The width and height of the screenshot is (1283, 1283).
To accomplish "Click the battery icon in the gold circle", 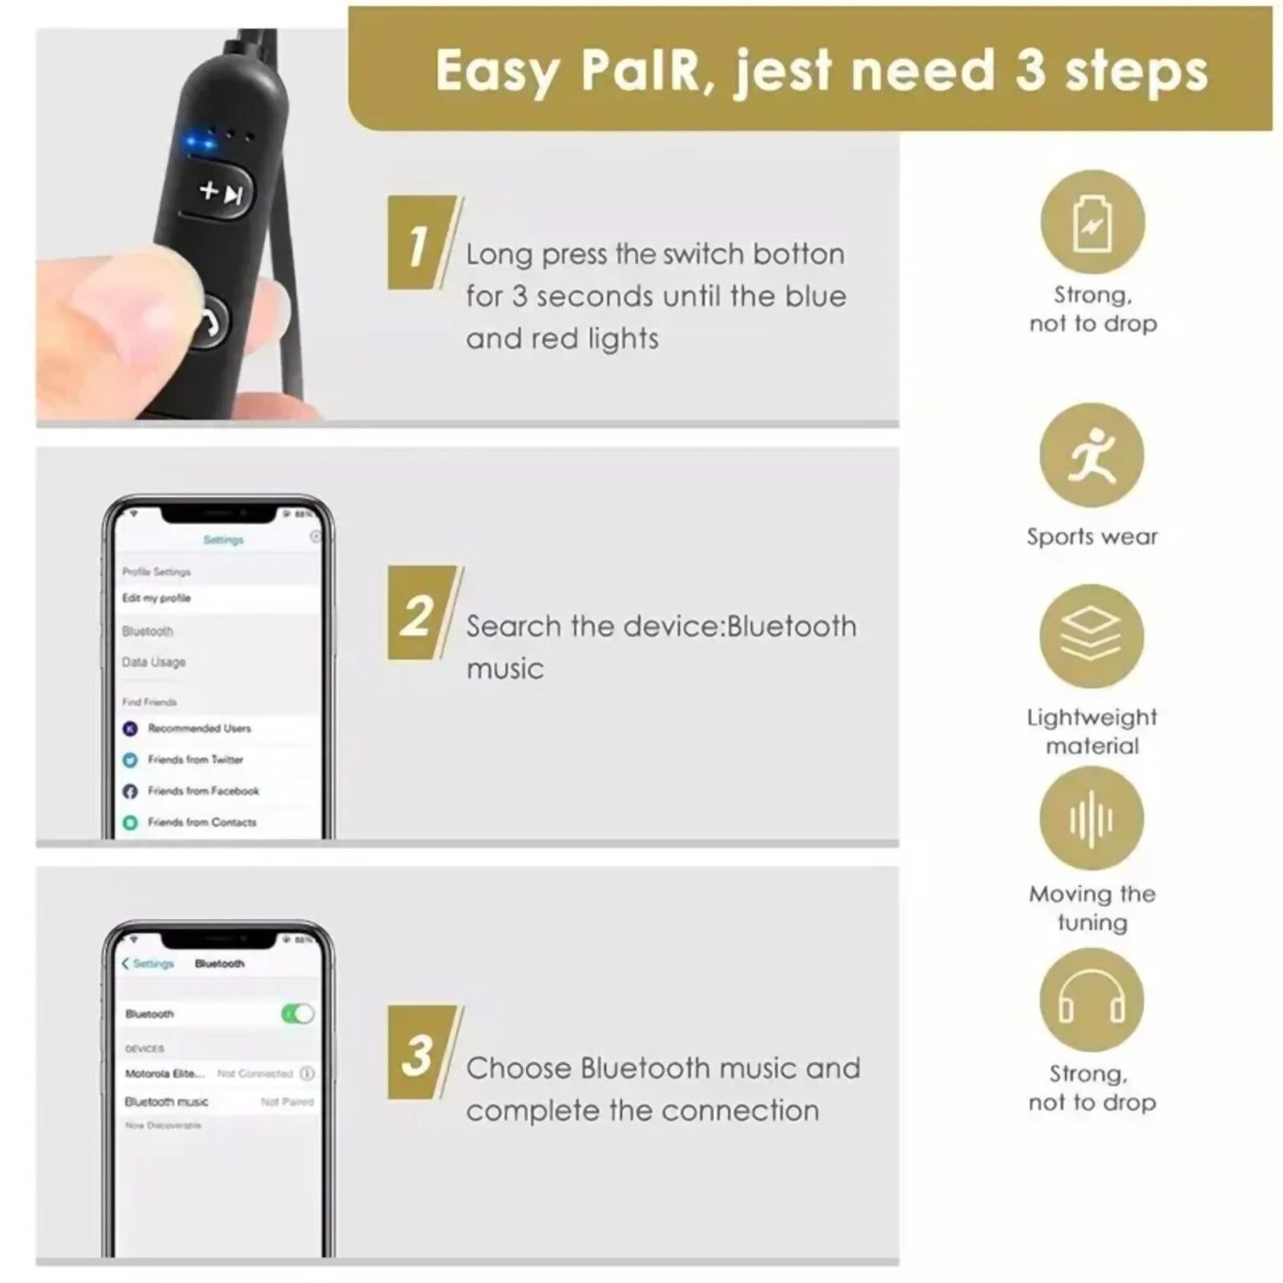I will click(1091, 223).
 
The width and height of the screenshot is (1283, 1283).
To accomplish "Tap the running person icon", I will click(1091, 455).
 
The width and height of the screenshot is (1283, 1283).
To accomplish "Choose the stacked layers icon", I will click(1091, 636).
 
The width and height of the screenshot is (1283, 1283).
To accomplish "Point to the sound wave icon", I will click(1091, 818).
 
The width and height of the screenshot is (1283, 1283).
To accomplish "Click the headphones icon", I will click(1091, 1000).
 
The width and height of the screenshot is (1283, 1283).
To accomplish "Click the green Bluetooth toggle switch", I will click(297, 1014).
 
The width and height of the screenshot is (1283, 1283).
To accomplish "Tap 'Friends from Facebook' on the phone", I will click(203, 791).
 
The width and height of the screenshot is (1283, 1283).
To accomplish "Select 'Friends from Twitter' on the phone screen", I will click(194, 760).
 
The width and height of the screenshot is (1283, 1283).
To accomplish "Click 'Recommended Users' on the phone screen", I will click(199, 729).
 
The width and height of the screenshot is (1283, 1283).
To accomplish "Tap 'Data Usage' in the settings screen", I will click(154, 662).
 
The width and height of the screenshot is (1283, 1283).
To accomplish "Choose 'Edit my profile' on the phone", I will click(157, 598).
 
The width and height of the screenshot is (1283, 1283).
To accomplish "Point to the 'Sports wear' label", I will click(1091, 537).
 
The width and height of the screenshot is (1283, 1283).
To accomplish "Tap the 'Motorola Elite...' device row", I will click(165, 1073).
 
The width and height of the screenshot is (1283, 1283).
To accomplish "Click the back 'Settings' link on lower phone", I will click(148, 964).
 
